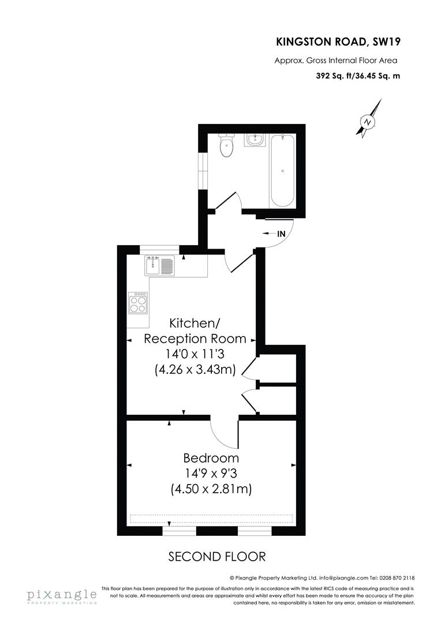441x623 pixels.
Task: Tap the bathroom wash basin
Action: pos(254,140)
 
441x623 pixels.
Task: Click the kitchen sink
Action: pos(159,266)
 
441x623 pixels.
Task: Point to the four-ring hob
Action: pos(138,302)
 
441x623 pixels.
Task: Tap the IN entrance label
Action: pos(282,234)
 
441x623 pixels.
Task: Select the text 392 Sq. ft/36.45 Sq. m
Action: pos(357,76)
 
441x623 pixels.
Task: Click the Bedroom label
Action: pos(211,459)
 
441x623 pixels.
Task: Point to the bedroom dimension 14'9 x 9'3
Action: pos(211,474)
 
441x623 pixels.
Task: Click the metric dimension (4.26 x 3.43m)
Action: pos(195,370)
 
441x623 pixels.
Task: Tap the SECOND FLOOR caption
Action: pos(216,557)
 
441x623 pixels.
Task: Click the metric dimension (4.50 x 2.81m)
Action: pos(211,489)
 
